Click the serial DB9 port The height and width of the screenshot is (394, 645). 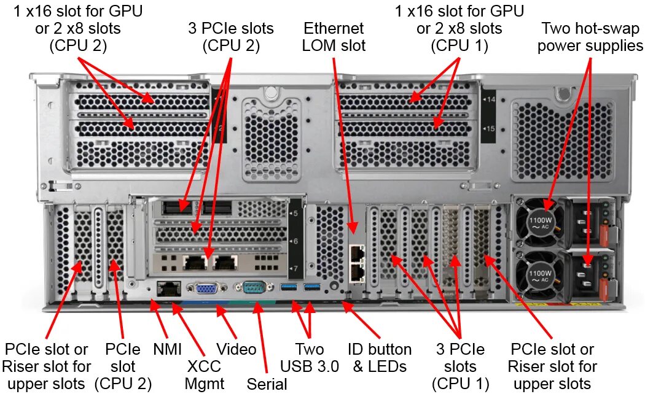click(253, 288)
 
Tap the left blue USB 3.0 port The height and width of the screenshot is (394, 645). click(289, 288)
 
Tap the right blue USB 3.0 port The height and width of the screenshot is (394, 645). click(313, 288)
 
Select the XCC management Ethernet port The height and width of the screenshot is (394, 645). click(168, 287)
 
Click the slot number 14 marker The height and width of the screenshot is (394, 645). click(490, 98)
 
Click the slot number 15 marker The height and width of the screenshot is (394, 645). click(490, 128)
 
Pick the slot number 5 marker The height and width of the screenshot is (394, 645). click(294, 213)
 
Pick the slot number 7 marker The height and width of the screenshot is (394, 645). click(294, 268)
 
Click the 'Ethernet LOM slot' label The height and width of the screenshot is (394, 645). click(334, 37)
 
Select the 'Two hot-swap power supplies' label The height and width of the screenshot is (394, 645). click(590, 37)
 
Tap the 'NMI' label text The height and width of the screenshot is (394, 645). click(167, 350)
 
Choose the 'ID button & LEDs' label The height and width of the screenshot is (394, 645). click(380, 358)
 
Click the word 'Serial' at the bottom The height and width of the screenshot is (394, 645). click(267, 384)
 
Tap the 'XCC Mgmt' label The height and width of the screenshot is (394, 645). click(205, 375)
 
